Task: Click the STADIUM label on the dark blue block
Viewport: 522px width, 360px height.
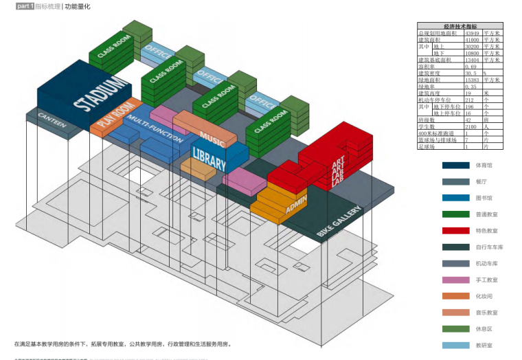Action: (x=102, y=94)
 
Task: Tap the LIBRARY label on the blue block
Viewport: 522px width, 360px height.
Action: (x=209, y=159)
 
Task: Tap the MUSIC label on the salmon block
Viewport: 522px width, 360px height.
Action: (x=212, y=139)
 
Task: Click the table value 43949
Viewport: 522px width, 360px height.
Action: (x=471, y=32)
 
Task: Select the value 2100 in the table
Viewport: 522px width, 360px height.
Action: (x=470, y=126)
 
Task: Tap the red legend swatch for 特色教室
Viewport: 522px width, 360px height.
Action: (x=455, y=232)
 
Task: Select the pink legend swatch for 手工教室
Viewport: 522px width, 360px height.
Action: (x=455, y=280)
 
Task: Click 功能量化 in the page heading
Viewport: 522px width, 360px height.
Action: (x=78, y=6)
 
